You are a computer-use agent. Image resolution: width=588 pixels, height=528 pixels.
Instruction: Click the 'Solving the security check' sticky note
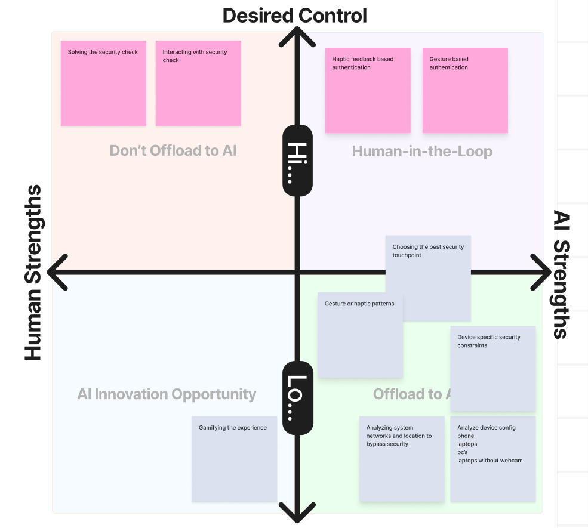[103, 83]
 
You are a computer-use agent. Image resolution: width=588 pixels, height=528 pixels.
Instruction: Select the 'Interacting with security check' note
[198, 83]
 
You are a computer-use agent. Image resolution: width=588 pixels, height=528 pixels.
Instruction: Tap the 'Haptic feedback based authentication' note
[368, 90]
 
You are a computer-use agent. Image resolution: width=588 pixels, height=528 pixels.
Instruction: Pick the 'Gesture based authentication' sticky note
[465, 90]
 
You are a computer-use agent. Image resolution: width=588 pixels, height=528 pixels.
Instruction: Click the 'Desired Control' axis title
[295, 16]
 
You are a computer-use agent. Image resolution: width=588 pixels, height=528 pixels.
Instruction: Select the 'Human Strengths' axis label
[33, 273]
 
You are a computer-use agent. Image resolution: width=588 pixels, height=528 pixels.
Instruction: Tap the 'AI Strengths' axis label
[561, 274]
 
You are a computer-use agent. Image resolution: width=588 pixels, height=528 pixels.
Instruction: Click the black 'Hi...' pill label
[297, 160]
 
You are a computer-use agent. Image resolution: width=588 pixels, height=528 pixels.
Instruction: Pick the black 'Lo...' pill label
[297, 397]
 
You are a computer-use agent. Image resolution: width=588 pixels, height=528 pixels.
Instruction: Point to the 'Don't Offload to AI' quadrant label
[173, 151]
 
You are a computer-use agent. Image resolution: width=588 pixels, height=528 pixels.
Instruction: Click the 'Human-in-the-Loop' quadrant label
[422, 152]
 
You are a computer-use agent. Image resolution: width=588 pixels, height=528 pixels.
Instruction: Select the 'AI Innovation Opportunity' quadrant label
[167, 394]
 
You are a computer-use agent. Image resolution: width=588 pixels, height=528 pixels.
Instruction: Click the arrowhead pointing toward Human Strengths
[56, 273]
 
